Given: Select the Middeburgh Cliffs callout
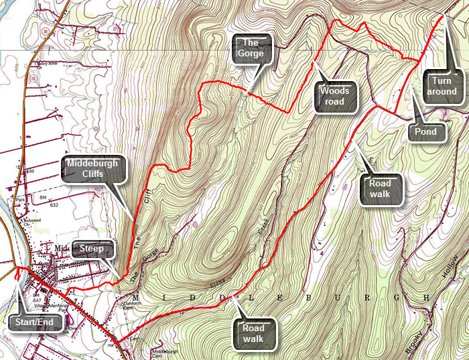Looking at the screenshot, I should coord(95,170).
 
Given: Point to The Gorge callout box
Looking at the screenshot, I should coord(253,48).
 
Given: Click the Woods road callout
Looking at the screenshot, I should coord(336,97).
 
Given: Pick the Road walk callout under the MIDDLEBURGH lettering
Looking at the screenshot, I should coord(254,333).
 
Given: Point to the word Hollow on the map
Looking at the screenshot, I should coord(454,275).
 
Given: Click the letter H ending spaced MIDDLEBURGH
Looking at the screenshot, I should coord(424,297).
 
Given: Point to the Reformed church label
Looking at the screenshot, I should coord(33,220).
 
